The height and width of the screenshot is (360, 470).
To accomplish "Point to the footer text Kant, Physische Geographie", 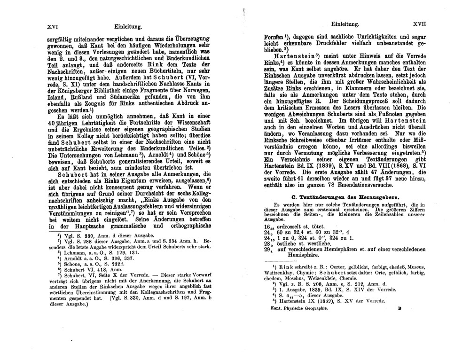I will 296,310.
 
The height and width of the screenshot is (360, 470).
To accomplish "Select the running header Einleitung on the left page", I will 127,27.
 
